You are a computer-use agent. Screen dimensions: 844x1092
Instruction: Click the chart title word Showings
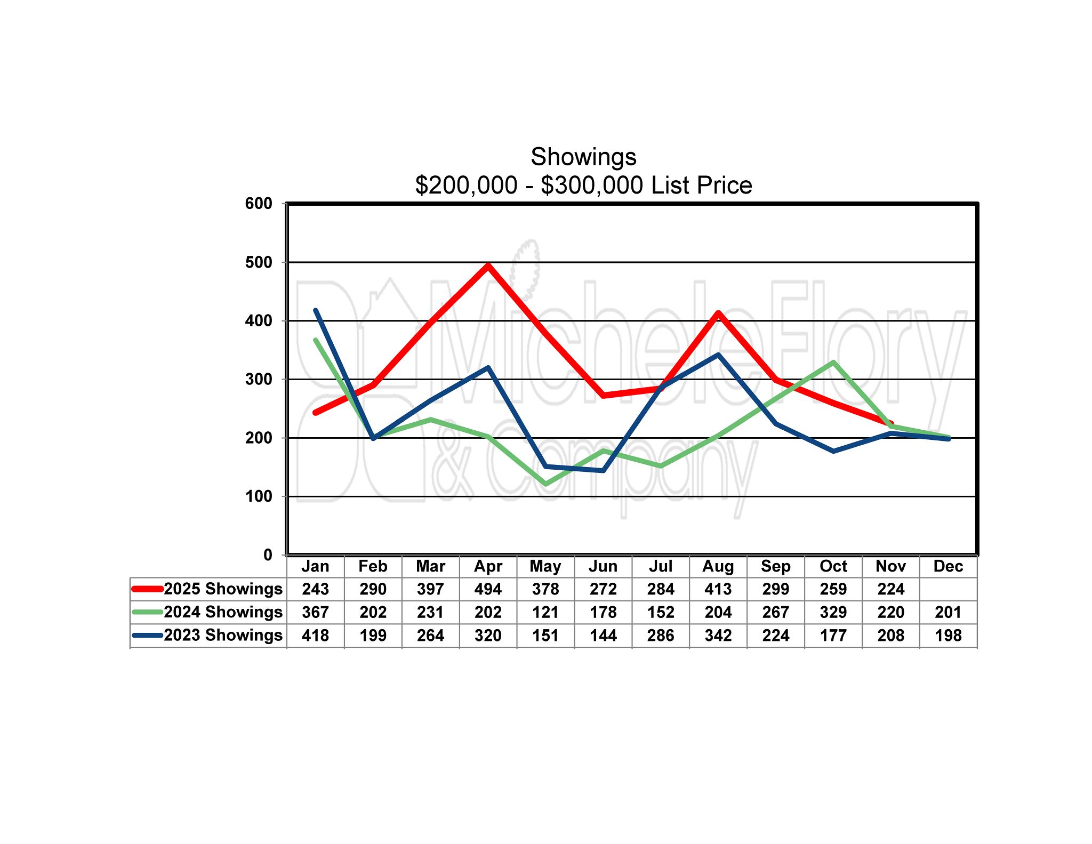[x=583, y=157]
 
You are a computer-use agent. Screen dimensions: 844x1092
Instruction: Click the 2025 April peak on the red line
[x=488, y=265]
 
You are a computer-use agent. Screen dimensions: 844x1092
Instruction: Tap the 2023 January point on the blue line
[x=316, y=310]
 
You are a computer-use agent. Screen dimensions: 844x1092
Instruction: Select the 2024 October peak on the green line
[x=833, y=363]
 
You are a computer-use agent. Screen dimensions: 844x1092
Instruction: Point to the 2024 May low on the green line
[x=545, y=484]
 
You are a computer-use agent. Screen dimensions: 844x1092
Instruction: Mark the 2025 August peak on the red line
[x=718, y=313]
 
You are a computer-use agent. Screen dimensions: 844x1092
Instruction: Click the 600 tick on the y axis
[x=259, y=203]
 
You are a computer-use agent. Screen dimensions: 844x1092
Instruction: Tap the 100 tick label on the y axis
[x=259, y=496]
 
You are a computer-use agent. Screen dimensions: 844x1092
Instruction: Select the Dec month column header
[x=948, y=566]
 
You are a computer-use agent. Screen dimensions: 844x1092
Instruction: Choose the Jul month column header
[x=661, y=566]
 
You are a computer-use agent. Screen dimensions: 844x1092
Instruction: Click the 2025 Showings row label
[x=223, y=589]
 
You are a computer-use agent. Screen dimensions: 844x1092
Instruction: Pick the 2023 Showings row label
[x=223, y=635]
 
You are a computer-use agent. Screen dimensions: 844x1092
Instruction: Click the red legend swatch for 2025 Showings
[x=147, y=589]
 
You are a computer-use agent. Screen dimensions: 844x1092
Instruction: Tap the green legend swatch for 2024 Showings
[x=147, y=612]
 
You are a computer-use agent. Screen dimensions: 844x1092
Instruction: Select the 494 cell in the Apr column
[x=488, y=589]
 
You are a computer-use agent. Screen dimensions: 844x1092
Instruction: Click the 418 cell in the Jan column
[x=316, y=636]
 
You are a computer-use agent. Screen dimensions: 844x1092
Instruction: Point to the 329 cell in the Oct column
[x=833, y=612]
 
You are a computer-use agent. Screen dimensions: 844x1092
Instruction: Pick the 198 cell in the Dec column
[x=948, y=636]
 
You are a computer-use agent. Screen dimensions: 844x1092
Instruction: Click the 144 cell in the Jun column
[x=603, y=636]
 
